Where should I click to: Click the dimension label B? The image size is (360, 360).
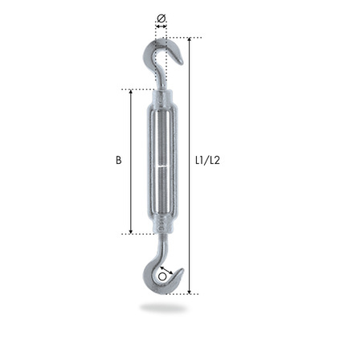pos(118,160)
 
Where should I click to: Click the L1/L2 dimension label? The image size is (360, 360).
pos(207,160)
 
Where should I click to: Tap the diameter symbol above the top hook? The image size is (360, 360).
pos(161,18)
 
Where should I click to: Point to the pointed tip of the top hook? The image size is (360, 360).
pos(182,63)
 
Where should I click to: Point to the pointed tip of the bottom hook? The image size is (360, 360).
pos(182,269)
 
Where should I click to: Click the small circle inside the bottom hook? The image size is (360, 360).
pos(162,277)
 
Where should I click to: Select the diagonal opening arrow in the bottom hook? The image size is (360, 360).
pos(166,271)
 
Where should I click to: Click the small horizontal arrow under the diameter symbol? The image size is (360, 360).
pos(161,27)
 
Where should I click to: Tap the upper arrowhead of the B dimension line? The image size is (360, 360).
pos(131,92)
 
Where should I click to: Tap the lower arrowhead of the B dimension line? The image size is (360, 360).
pos(131,231)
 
